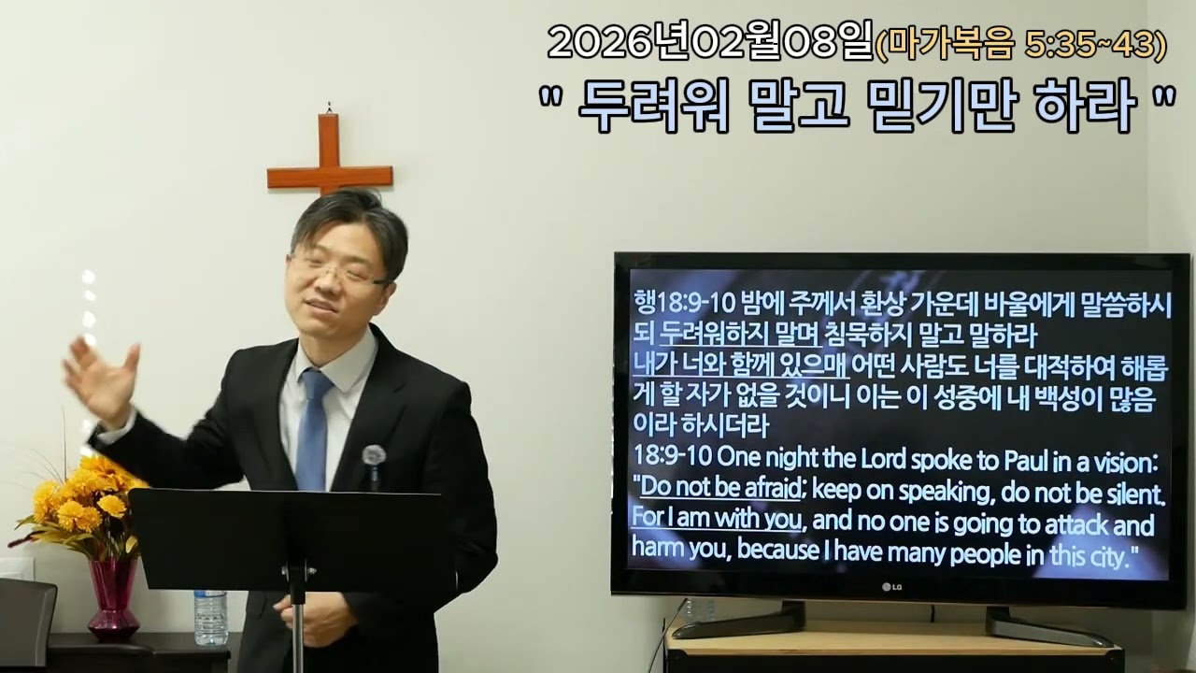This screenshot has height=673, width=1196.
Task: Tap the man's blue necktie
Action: coord(312,430)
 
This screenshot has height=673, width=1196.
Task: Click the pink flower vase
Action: coord(114,598)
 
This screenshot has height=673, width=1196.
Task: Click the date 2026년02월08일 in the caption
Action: coord(710,41)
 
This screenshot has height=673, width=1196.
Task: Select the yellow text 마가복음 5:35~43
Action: coord(1020,44)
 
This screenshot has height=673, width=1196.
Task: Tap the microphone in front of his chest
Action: coord(374,457)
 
